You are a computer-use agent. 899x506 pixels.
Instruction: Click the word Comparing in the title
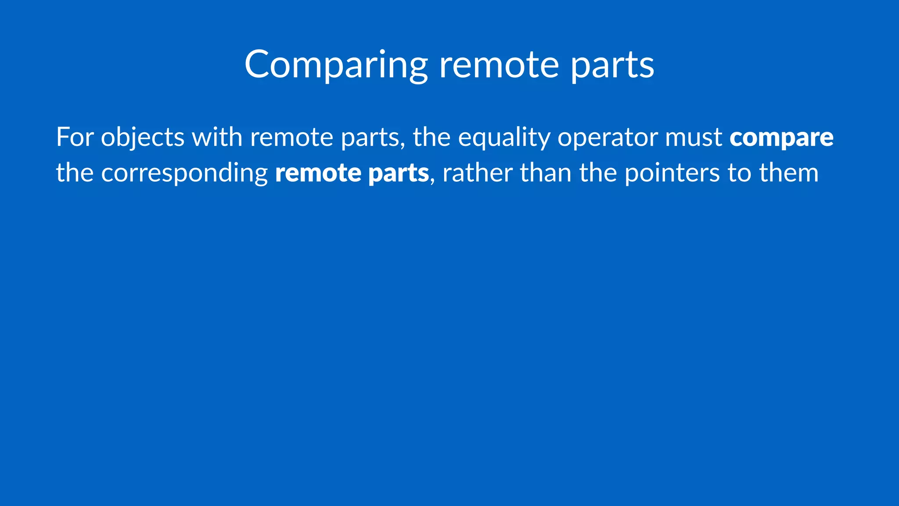point(336,65)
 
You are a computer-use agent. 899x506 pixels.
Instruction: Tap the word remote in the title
point(499,65)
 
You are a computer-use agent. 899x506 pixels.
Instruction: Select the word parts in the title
point(612,66)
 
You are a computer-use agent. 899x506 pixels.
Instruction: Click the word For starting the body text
point(75,137)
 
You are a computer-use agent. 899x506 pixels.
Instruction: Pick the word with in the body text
point(217,137)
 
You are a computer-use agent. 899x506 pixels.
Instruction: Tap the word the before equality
point(432,137)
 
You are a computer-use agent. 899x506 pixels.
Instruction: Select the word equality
point(504,138)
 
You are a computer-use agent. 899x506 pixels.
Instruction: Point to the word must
point(694,137)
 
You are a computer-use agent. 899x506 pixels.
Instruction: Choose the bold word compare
point(781,138)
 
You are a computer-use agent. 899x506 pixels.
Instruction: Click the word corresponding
point(184,173)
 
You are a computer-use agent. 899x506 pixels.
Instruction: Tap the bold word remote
point(318,173)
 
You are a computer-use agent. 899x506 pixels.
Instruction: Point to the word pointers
point(672,173)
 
